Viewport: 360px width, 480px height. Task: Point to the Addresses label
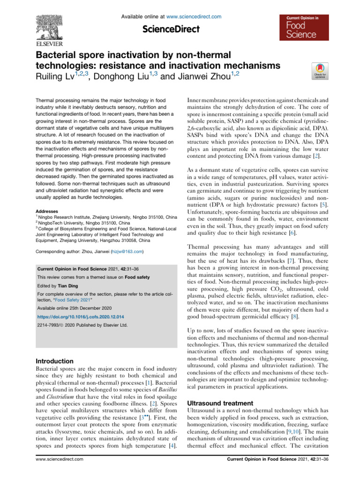[x=48, y=211]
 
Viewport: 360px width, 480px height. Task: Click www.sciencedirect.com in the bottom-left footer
[x=57, y=472]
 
